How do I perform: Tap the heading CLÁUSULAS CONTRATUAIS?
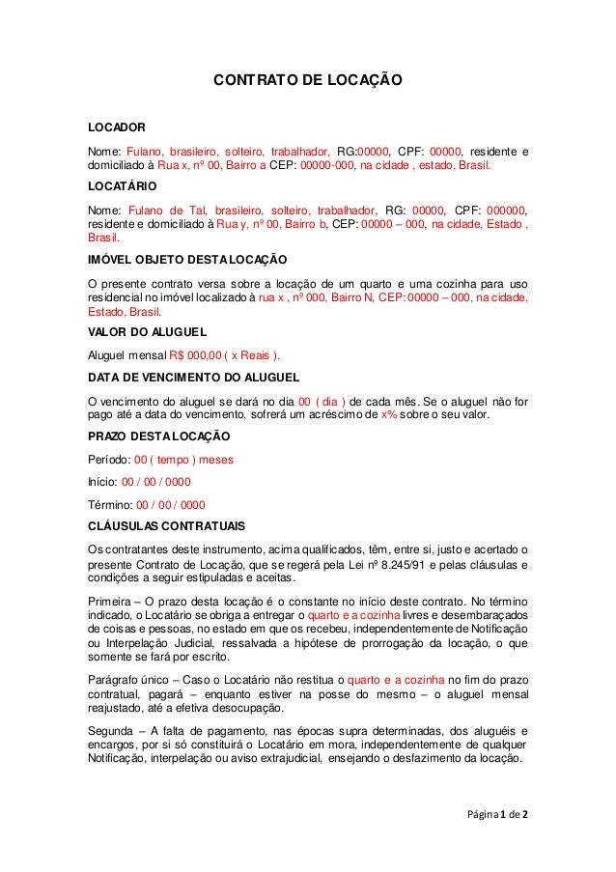pos(166,525)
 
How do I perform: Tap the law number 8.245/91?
pos(435,564)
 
